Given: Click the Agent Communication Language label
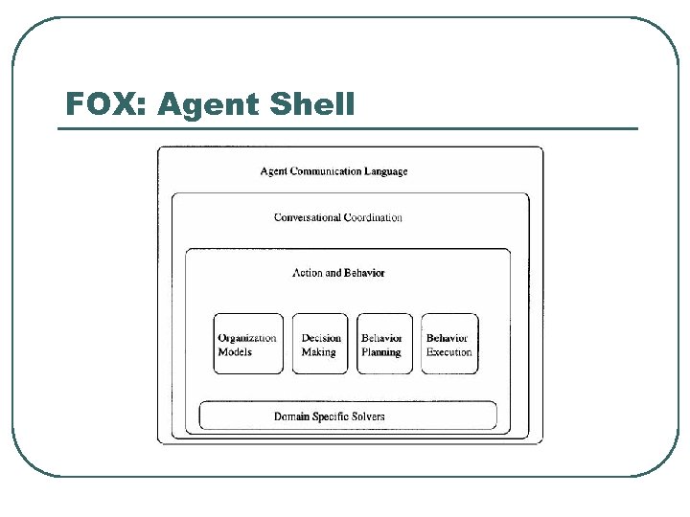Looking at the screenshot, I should tap(333, 171).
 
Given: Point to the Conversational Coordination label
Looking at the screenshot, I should tap(337, 217).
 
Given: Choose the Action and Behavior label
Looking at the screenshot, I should tap(338, 273).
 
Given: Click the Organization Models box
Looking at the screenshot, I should tap(248, 344).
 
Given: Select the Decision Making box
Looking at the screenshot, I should tap(320, 344).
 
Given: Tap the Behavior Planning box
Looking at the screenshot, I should tap(384, 344).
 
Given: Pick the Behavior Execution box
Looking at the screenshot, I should tap(449, 344).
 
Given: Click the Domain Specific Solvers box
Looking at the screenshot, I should tap(348, 416).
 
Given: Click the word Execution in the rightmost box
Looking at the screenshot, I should tap(449, 352).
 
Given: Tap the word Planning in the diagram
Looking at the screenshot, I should tap(380, 352).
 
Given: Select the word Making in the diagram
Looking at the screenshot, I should tap(319, 352).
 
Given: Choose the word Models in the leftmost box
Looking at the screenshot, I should tap(235, 352).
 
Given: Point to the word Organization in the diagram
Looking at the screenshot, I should tap(247, 338).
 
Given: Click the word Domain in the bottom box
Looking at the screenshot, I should tap(291, 416).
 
